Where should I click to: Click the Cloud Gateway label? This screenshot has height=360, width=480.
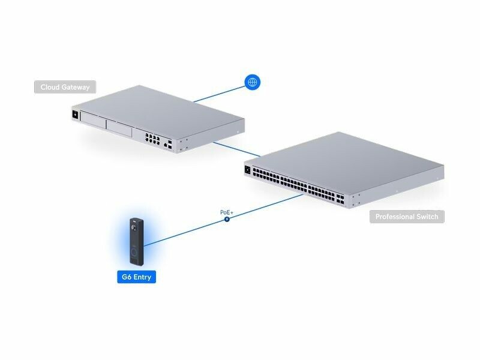point(65,88)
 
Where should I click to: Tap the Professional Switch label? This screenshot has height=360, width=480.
point(407,217)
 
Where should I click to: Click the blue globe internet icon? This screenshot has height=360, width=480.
point(253,82)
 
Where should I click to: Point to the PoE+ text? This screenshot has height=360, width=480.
point(227,212)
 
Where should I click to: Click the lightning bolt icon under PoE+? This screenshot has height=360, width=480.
point(227,220)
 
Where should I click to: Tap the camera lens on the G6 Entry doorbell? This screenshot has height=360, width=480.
point(134,228)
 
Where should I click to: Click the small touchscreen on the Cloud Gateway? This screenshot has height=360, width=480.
point(75,114)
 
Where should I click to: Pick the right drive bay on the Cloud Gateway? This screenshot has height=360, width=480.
point(119,128)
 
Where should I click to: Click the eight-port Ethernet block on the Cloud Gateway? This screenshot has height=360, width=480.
point(152,139)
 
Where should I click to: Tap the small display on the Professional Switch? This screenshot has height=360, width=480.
point(247,170)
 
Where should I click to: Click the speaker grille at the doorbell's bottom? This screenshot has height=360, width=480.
point(134,259)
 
